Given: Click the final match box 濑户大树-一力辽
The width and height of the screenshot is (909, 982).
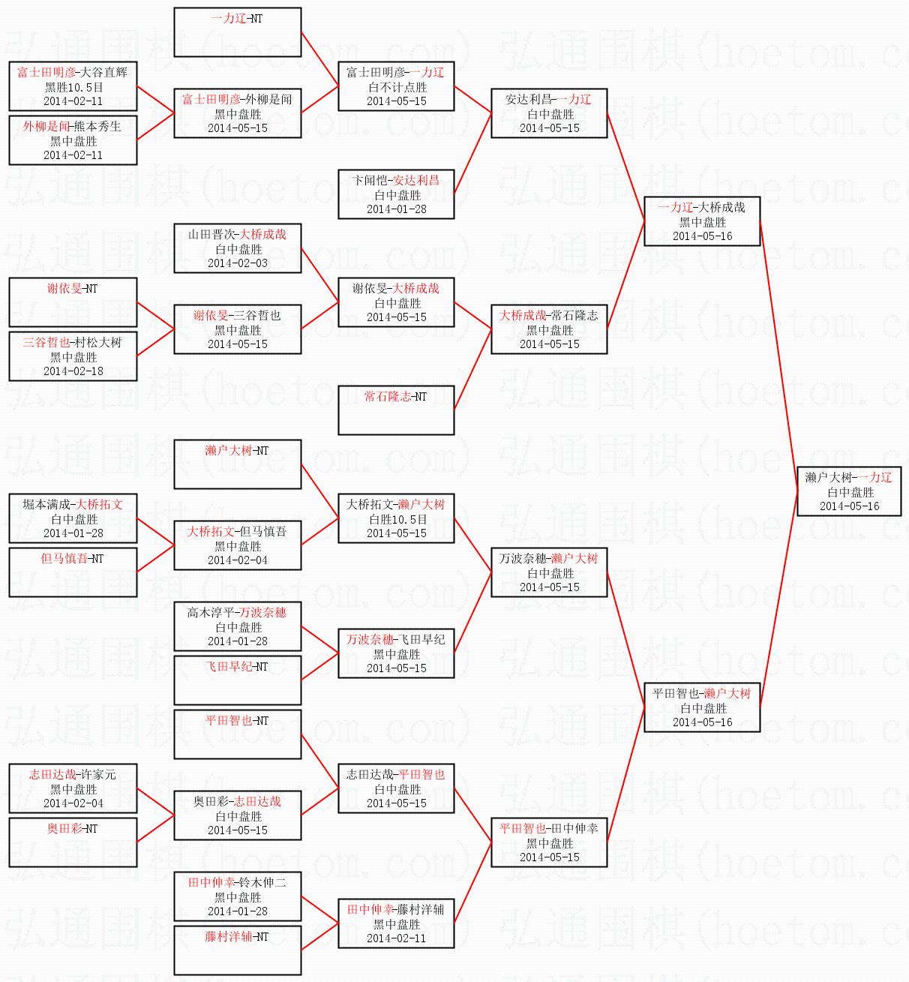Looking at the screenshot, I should pyautogui.click(x=849, y=491).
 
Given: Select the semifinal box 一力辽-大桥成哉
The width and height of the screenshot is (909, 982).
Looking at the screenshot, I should pyautogui.click(x=702, y=221).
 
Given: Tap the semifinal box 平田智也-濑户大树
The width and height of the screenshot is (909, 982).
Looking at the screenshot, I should pyautogui.click(x=702, y=707).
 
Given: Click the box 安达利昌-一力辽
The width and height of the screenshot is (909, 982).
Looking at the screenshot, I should pyautogui.click(x=549, y=113).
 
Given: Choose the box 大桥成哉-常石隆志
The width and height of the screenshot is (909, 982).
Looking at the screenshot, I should pyautogui.click(x=549, y=329).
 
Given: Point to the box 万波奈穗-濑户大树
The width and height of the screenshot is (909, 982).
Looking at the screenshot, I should pyautogui.click(x=549, y=572).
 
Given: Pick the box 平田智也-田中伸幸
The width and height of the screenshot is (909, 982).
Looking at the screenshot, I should pyautogui.click(x=549, y=842).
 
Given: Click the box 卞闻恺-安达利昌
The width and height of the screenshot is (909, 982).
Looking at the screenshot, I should pyautogui.click(x=396, y=194).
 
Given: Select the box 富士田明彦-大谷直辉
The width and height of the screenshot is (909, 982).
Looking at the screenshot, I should pyautogui.click(x=73, y=86).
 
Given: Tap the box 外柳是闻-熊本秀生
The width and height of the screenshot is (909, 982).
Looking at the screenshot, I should pyautogui.click(x=73, y=140).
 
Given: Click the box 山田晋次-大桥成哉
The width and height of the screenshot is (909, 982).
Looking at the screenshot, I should pyautogui.click(x=238, y=248).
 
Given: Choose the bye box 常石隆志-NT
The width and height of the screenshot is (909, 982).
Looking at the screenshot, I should pyautogui.click(x=396, y=410).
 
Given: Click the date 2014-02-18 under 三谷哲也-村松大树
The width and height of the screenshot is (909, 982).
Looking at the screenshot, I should pyautogui.click(x=73, y=371).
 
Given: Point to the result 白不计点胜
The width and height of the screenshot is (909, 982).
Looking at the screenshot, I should pyautogui.click(x=397, y=87).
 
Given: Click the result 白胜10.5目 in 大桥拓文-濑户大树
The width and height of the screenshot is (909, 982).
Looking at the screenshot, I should pyautogui.click(x=397, y=519).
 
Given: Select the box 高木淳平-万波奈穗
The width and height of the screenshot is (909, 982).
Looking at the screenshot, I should pyautogui.click(x=238, y=626).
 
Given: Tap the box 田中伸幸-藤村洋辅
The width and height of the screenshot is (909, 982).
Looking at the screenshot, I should pyautogui.click(x=396, y=923).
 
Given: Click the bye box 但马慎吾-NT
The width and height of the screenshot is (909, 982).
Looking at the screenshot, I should pyautogui.click(x=73, y=572).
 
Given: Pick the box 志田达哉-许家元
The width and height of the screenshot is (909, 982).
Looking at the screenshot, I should pyautogui.click(x=73, y=788).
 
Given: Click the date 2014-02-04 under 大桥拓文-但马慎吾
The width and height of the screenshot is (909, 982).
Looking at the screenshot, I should pyautogui.click(x=238, y=560).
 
